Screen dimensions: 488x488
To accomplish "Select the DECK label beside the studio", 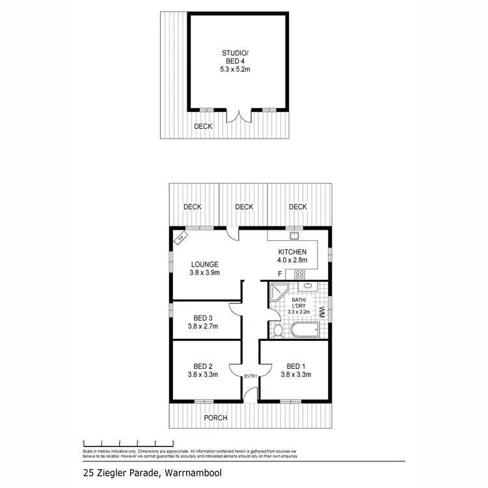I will click(203, 126).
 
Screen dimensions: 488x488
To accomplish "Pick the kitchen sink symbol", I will click(293, 236).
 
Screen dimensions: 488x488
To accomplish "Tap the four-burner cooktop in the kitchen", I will click(300, 275).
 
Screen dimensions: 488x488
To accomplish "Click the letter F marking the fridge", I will click(280, 274).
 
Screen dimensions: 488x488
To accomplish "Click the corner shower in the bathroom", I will click(278, 293).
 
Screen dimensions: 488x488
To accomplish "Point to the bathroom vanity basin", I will click(306, 286).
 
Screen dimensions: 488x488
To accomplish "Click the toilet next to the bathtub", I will click(278, 331).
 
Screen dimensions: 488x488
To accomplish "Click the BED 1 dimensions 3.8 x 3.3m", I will click(297, 375).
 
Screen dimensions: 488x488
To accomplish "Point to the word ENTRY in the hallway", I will click(251, 377).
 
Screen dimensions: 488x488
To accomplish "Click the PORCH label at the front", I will click(215, 418).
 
